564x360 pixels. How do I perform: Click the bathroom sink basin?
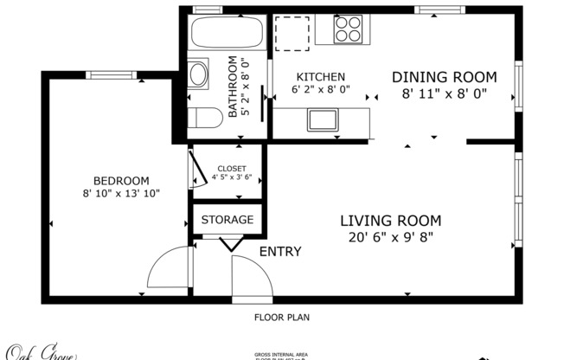[x=199, y=73]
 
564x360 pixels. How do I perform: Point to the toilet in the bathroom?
[x=205, y=119]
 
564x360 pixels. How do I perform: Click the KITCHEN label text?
[x=321, y=77]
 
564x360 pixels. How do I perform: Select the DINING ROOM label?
[x=444, y=76]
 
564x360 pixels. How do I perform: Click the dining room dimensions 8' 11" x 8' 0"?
[x=444, y=93]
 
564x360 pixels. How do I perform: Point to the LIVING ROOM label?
[x=390, y=221]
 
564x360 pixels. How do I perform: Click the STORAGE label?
[x=228, y=220]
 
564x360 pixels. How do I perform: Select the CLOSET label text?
[x=231, y=169]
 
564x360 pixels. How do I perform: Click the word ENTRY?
[x=280, y=252]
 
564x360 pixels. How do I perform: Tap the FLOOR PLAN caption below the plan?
[x=281, y=318]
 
